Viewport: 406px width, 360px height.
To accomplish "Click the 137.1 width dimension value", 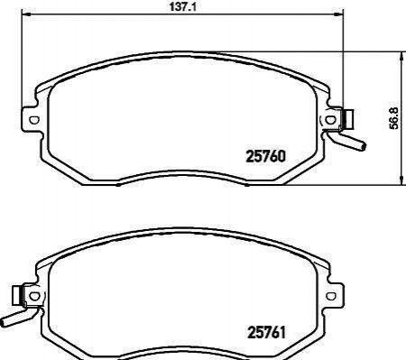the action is coord(182,6).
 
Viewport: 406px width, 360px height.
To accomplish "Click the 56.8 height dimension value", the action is coord(393,118).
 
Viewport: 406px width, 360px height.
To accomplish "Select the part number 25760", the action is coord(265,157).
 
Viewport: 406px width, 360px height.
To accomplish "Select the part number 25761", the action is coord(266,333).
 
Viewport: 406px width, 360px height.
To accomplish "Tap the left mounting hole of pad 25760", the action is coord(33,120).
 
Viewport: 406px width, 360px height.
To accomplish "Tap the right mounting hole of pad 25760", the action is coord(330,120).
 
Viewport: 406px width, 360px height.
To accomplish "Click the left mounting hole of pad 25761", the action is coord(34,296).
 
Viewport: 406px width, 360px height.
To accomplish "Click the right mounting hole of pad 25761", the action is coord(331,296).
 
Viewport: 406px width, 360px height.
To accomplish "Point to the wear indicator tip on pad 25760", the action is coord(364,146).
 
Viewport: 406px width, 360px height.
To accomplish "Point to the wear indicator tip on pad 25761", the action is coord(3,323).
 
